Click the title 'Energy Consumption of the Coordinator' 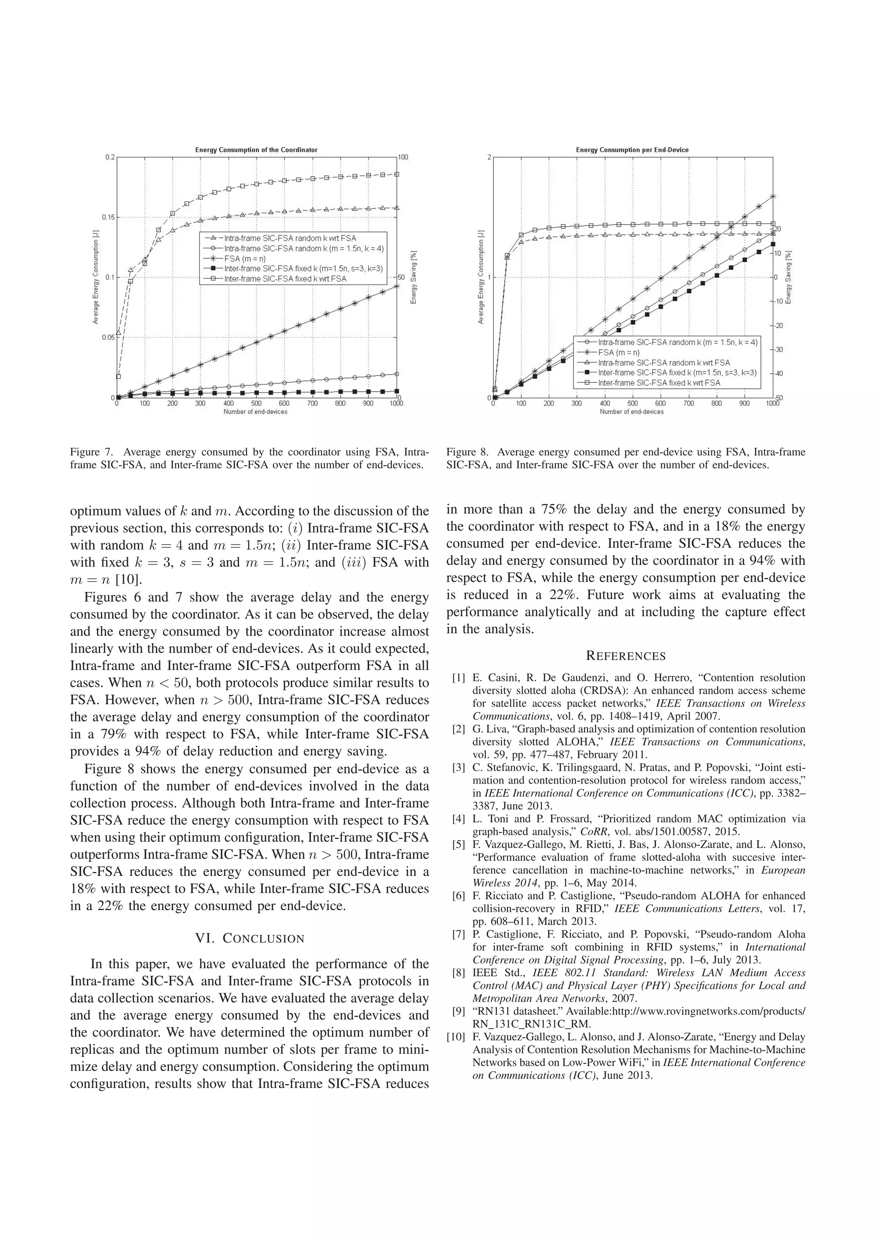256,150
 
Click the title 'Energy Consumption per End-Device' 632,150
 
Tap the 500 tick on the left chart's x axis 256,403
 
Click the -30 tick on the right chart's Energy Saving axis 780,350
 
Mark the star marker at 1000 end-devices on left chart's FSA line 397,285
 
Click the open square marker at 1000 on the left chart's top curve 397,174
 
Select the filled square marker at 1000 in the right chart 773,244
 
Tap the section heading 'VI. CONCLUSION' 250,938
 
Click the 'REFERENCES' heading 625,656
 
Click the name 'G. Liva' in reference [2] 490,729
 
